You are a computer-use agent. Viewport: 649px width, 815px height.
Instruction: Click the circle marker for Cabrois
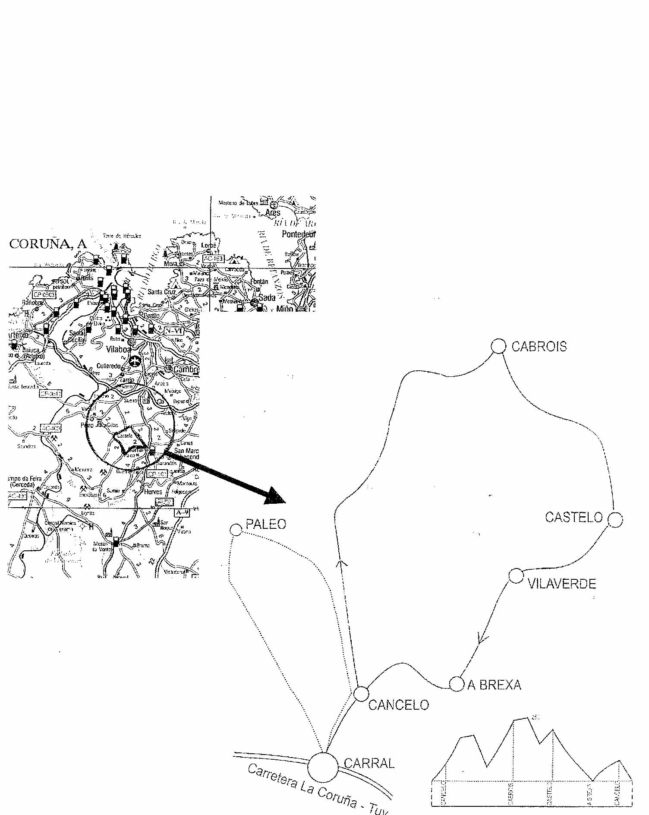pos(498,346)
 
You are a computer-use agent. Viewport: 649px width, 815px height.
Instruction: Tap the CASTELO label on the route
pos(573,517)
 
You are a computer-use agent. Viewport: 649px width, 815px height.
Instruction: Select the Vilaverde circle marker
pos(516,576)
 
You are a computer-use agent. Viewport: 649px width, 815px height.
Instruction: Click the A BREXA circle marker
pos(457,684)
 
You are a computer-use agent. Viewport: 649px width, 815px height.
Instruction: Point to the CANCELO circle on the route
pos(361,694)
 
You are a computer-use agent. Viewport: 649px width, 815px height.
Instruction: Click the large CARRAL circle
pos(323,767)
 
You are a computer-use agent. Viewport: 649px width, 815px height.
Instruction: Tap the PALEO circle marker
pos(236,530)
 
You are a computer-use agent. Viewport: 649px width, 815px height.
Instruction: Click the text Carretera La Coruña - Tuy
pos(317,789)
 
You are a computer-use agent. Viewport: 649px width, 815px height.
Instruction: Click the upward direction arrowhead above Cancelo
pos(342,562)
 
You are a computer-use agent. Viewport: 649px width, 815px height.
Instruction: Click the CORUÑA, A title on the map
pos(48,244)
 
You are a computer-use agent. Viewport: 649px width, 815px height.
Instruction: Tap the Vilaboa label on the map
pos(118,349)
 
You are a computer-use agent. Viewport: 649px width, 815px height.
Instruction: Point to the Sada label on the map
pos(267,297)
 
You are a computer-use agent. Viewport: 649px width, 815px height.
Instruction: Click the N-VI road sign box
pos(174,331)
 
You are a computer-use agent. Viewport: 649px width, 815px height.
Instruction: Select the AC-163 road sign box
pos(214,259)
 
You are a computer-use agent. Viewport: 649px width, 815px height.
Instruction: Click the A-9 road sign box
pos(182,513)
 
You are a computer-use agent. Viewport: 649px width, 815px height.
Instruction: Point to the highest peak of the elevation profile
pos(527,718)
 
